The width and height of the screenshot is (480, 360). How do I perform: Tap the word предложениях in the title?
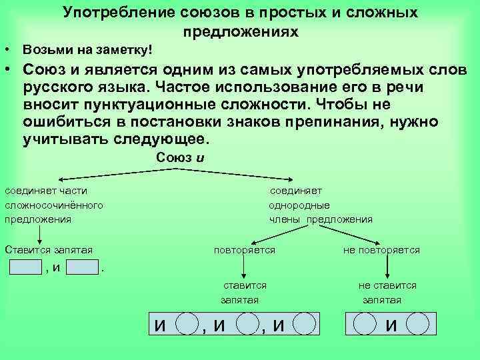coord(240,31)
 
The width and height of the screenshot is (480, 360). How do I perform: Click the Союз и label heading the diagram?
coord(177,157)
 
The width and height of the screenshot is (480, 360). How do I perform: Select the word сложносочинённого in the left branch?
coord(54,205)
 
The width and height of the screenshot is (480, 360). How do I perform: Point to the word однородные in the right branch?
coord(299,205)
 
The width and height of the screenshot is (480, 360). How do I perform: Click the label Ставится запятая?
coord(48,250)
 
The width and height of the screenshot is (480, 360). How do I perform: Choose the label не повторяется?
coord(381,250)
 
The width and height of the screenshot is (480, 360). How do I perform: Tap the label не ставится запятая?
coord(387,292)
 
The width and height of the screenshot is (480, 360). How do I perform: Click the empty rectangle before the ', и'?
coord(26,267)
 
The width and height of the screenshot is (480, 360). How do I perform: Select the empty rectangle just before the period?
coord(83,267)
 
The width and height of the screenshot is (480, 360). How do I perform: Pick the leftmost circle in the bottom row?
coord(187,324)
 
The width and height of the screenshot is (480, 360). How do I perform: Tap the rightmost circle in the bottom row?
coord(417,324)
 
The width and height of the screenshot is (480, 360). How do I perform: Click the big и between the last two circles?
coord(391,325)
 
